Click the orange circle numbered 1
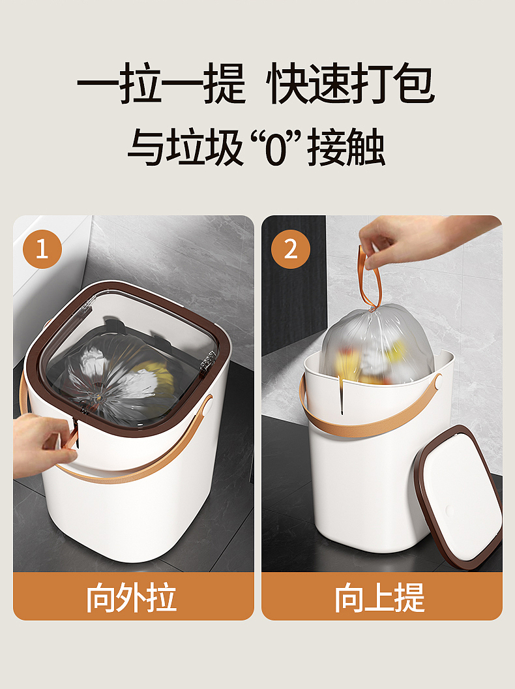(42, 249)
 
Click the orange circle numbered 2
(291, 249)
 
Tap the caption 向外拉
(131, 597)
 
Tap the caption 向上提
(380, 597)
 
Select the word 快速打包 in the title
(350, 84)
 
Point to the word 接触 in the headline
(347, 147)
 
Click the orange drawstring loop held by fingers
(368, 277)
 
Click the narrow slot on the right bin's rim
(341, 395)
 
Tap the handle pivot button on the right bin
(437, 382)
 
